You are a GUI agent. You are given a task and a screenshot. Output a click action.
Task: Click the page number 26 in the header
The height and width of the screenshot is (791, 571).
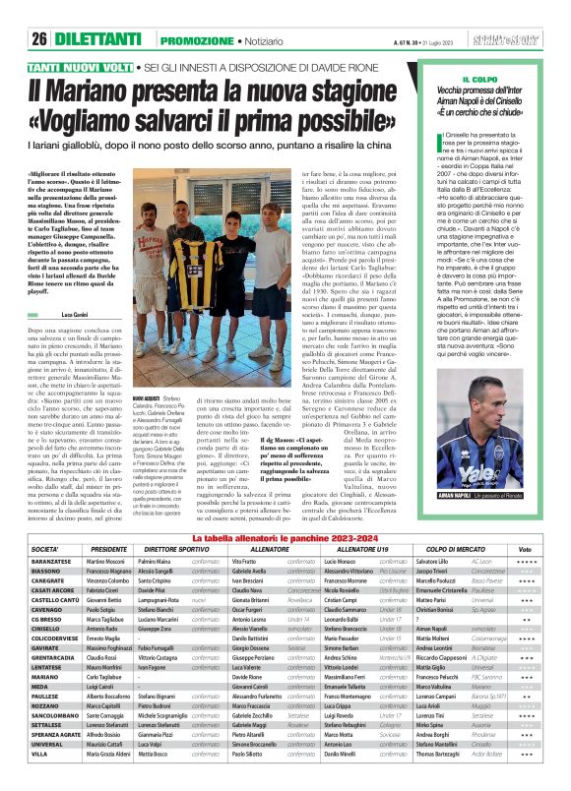coord(40,13)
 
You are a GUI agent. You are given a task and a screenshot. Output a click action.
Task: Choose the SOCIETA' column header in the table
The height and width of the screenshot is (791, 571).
coord(45,549)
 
